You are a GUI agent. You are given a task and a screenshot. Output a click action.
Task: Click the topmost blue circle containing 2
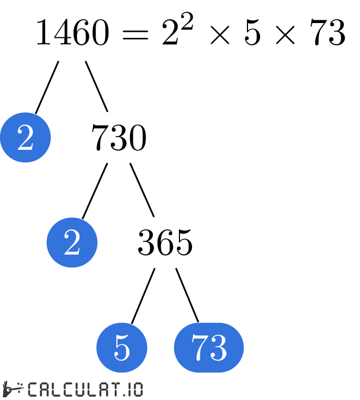click(25, 137)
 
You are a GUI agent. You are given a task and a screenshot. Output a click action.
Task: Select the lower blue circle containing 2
click(72, 243)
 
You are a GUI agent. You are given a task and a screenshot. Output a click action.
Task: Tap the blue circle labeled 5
click(122, 347)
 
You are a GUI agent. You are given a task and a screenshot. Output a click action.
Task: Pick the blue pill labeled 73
click(209, 347)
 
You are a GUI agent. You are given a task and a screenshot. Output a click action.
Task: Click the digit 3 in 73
click(218, 347)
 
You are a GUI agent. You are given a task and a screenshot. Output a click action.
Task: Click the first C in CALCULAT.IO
click(32, 390)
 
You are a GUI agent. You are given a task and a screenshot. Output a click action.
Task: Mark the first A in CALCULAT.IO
click(44, 390)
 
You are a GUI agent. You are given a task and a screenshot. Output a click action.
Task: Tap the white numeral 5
click(122, 347)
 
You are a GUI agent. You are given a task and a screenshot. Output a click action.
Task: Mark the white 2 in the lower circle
click(72, 243)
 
